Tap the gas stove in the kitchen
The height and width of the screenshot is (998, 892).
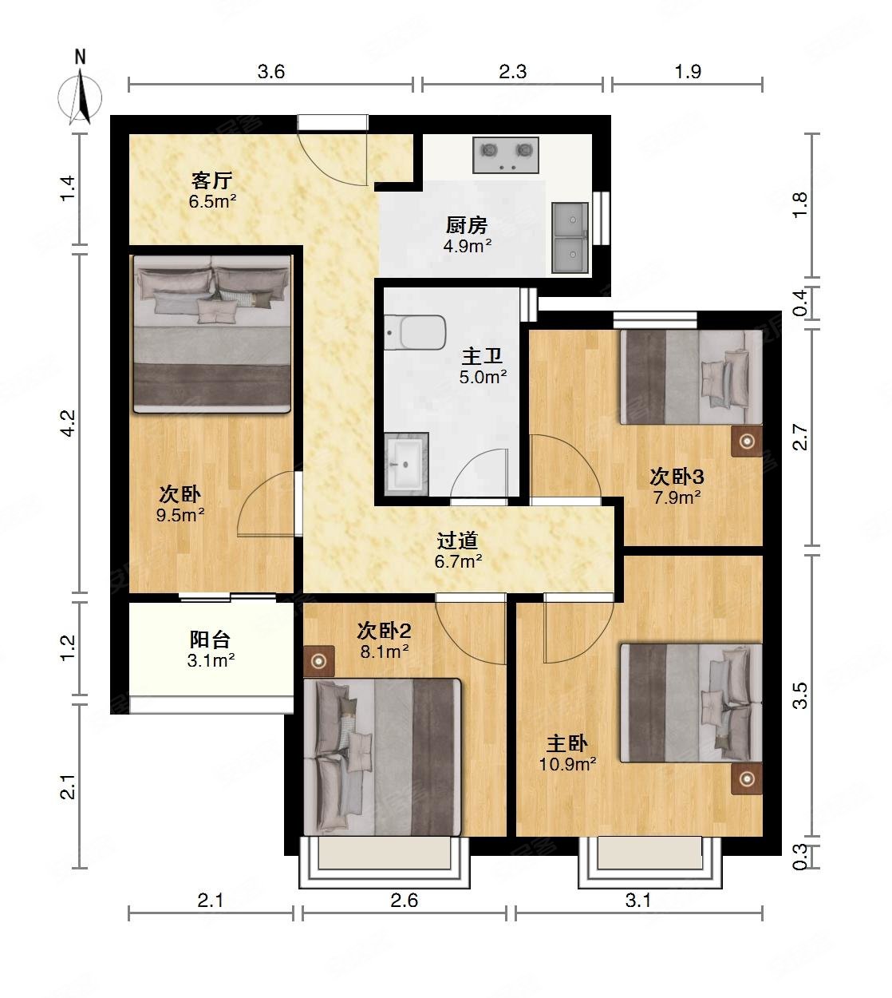point(505,156)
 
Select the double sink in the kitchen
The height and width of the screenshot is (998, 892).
point(570,236)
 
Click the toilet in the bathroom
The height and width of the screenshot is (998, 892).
point(414,333)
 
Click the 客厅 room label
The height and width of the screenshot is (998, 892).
point(211,180)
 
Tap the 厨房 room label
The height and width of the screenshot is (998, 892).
point(467,226)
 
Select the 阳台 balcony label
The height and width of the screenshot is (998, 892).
point(211,640)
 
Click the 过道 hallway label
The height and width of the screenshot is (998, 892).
point(458,541)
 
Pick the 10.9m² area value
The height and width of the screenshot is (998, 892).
point(568,764)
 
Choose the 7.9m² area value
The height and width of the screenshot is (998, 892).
point(677,497)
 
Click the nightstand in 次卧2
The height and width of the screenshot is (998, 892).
point(319,660)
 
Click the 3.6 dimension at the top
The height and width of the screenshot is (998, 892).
point(270,72)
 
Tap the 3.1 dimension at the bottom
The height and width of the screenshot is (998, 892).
point(638,901)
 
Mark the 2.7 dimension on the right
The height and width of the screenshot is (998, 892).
point(802,438)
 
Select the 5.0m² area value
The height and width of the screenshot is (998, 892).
point(483,377)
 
